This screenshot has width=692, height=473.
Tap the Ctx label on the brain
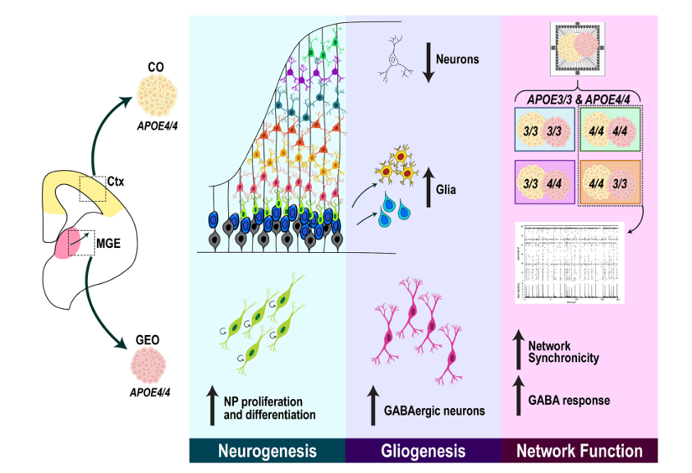coord(117,178)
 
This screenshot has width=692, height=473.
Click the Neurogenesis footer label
coord(267,451)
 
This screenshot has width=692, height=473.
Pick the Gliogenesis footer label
coord(424,451)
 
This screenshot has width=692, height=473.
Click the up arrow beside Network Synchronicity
coord(517,351)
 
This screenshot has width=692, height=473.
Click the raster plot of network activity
coord(570,262)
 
